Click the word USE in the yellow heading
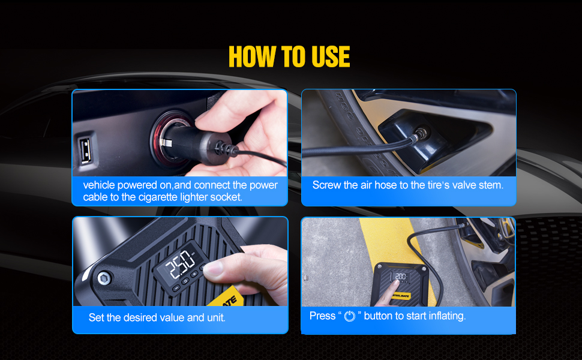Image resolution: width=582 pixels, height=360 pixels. click(331, 57)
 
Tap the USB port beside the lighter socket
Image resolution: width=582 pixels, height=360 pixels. click(85, 151)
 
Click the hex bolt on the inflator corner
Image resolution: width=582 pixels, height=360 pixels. click(104, 278)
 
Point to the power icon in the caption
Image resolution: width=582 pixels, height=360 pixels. click(350, 316)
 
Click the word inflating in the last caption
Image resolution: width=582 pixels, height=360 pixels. click(447, 316)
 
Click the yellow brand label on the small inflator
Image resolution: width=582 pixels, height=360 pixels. click(400, 296)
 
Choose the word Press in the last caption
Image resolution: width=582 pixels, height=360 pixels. click(323, 316)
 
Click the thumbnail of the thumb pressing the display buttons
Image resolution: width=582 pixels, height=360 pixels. click(181, 262)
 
